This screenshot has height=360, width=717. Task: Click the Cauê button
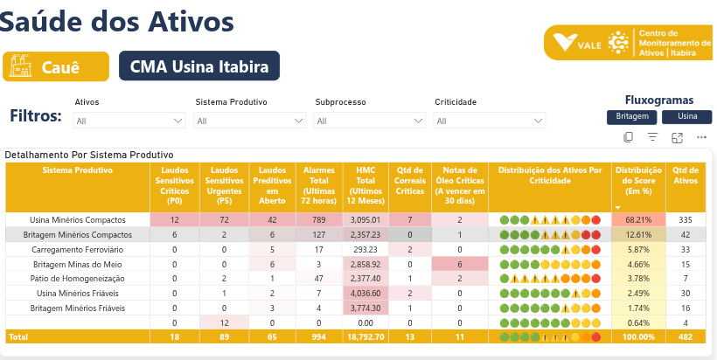pos(56,66)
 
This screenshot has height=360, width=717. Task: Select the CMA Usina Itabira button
pos(199,66)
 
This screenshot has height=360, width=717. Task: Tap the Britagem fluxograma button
pos(631,116)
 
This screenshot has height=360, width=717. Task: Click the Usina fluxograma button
pos(686,116)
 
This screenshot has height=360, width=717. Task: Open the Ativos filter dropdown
pos(130,121)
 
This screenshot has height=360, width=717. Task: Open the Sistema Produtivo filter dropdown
pos(250,121)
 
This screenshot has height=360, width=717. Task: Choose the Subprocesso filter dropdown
pos(370,121)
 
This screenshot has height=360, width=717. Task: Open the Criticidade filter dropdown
pos(490,121)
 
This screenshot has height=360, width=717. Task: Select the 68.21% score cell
pos(639,219)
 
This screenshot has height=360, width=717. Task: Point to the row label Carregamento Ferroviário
pos(78,249)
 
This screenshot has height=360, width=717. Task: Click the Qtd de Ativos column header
pos(686,176)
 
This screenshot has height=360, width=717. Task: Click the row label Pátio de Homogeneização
pos(78,278)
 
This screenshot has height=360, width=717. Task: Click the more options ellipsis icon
pos(701,137)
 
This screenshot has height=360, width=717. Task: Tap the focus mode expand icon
pos(677,137)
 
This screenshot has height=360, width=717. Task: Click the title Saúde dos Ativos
pos(118,21)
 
